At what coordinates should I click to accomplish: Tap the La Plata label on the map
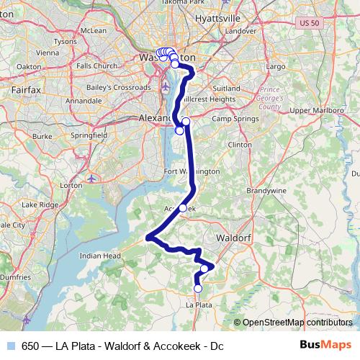(199, 305)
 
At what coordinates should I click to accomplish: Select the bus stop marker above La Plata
(198, 289)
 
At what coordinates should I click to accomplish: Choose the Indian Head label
(100, 255)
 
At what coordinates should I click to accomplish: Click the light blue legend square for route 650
(9, 346)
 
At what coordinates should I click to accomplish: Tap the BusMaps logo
(325, 346)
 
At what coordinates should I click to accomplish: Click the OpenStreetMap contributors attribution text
(297, 323)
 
